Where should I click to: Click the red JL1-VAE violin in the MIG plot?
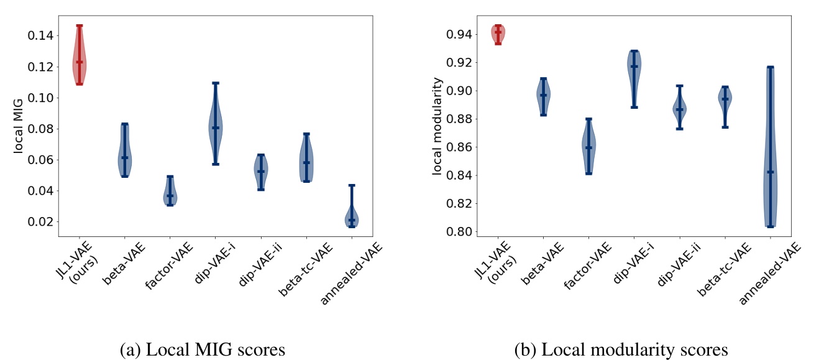(79, 62)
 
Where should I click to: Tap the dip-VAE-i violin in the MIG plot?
(215, 124)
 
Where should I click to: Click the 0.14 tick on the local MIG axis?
(41, 35)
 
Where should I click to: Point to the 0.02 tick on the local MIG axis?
(41, 222)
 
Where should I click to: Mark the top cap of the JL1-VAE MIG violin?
(79, 26)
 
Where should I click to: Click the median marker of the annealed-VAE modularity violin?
(771, 172)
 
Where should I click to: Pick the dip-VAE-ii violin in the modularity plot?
(679, 109)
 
